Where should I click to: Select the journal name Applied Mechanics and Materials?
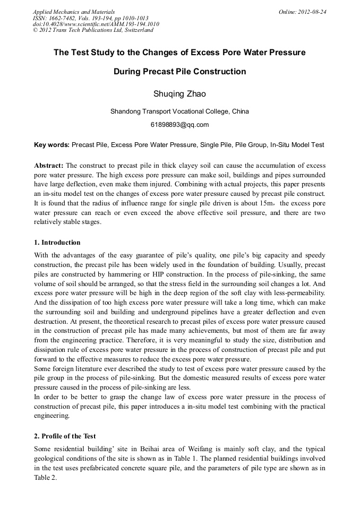pyautogui.click(x=73, y=12)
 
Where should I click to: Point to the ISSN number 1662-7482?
pyautogui.click(x=62, y=18)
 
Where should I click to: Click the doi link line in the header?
pyautogui.click(x=96, y=24)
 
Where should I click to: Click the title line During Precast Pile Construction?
pyautogui.click(x=179, y=72)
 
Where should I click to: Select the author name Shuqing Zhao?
pyautogui.click(x=179, y=94)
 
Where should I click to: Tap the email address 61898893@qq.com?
pyautogui.click(x=179, y=125)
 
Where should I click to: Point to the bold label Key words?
pyautogui.click(x=52, y=144)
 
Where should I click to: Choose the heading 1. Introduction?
pyautogui.click(x=57, y=243)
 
